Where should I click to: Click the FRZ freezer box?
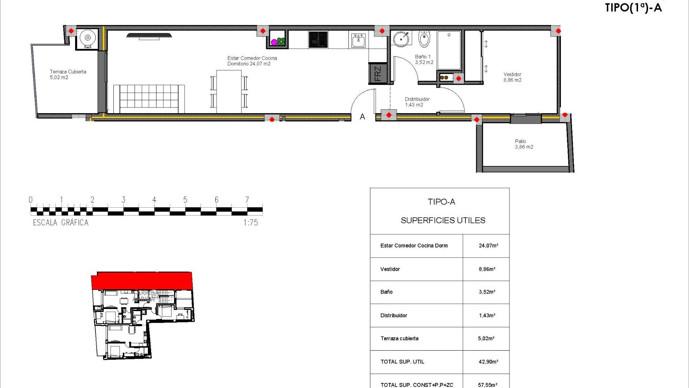(x=378, y=73)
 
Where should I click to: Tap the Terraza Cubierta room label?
(x=68, y=74)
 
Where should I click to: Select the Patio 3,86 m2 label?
(x=524, y=144)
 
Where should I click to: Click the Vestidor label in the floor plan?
(x=512, y=77)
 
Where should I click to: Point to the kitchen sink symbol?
(x=358, y=40)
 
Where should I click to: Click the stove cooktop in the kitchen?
(x=318, y=40)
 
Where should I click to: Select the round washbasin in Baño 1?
(x=401, y=39)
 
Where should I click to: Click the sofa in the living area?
(x=149, y=98)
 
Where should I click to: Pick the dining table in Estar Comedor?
(x=229, y=91)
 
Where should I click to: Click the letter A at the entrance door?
(x=362, y=117)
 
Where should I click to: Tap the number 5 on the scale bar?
(x=185, y=200)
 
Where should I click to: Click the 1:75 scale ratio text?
(x=250, y=223)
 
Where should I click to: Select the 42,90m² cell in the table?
(x=488, y=362)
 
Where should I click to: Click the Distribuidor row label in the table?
(x=394, y=315)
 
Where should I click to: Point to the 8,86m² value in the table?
(x=487, y=269)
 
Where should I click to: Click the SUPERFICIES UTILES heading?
(x=443, y=221)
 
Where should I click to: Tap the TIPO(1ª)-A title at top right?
(x=633, y=8)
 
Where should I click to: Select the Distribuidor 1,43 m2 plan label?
(x=417, y=102)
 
